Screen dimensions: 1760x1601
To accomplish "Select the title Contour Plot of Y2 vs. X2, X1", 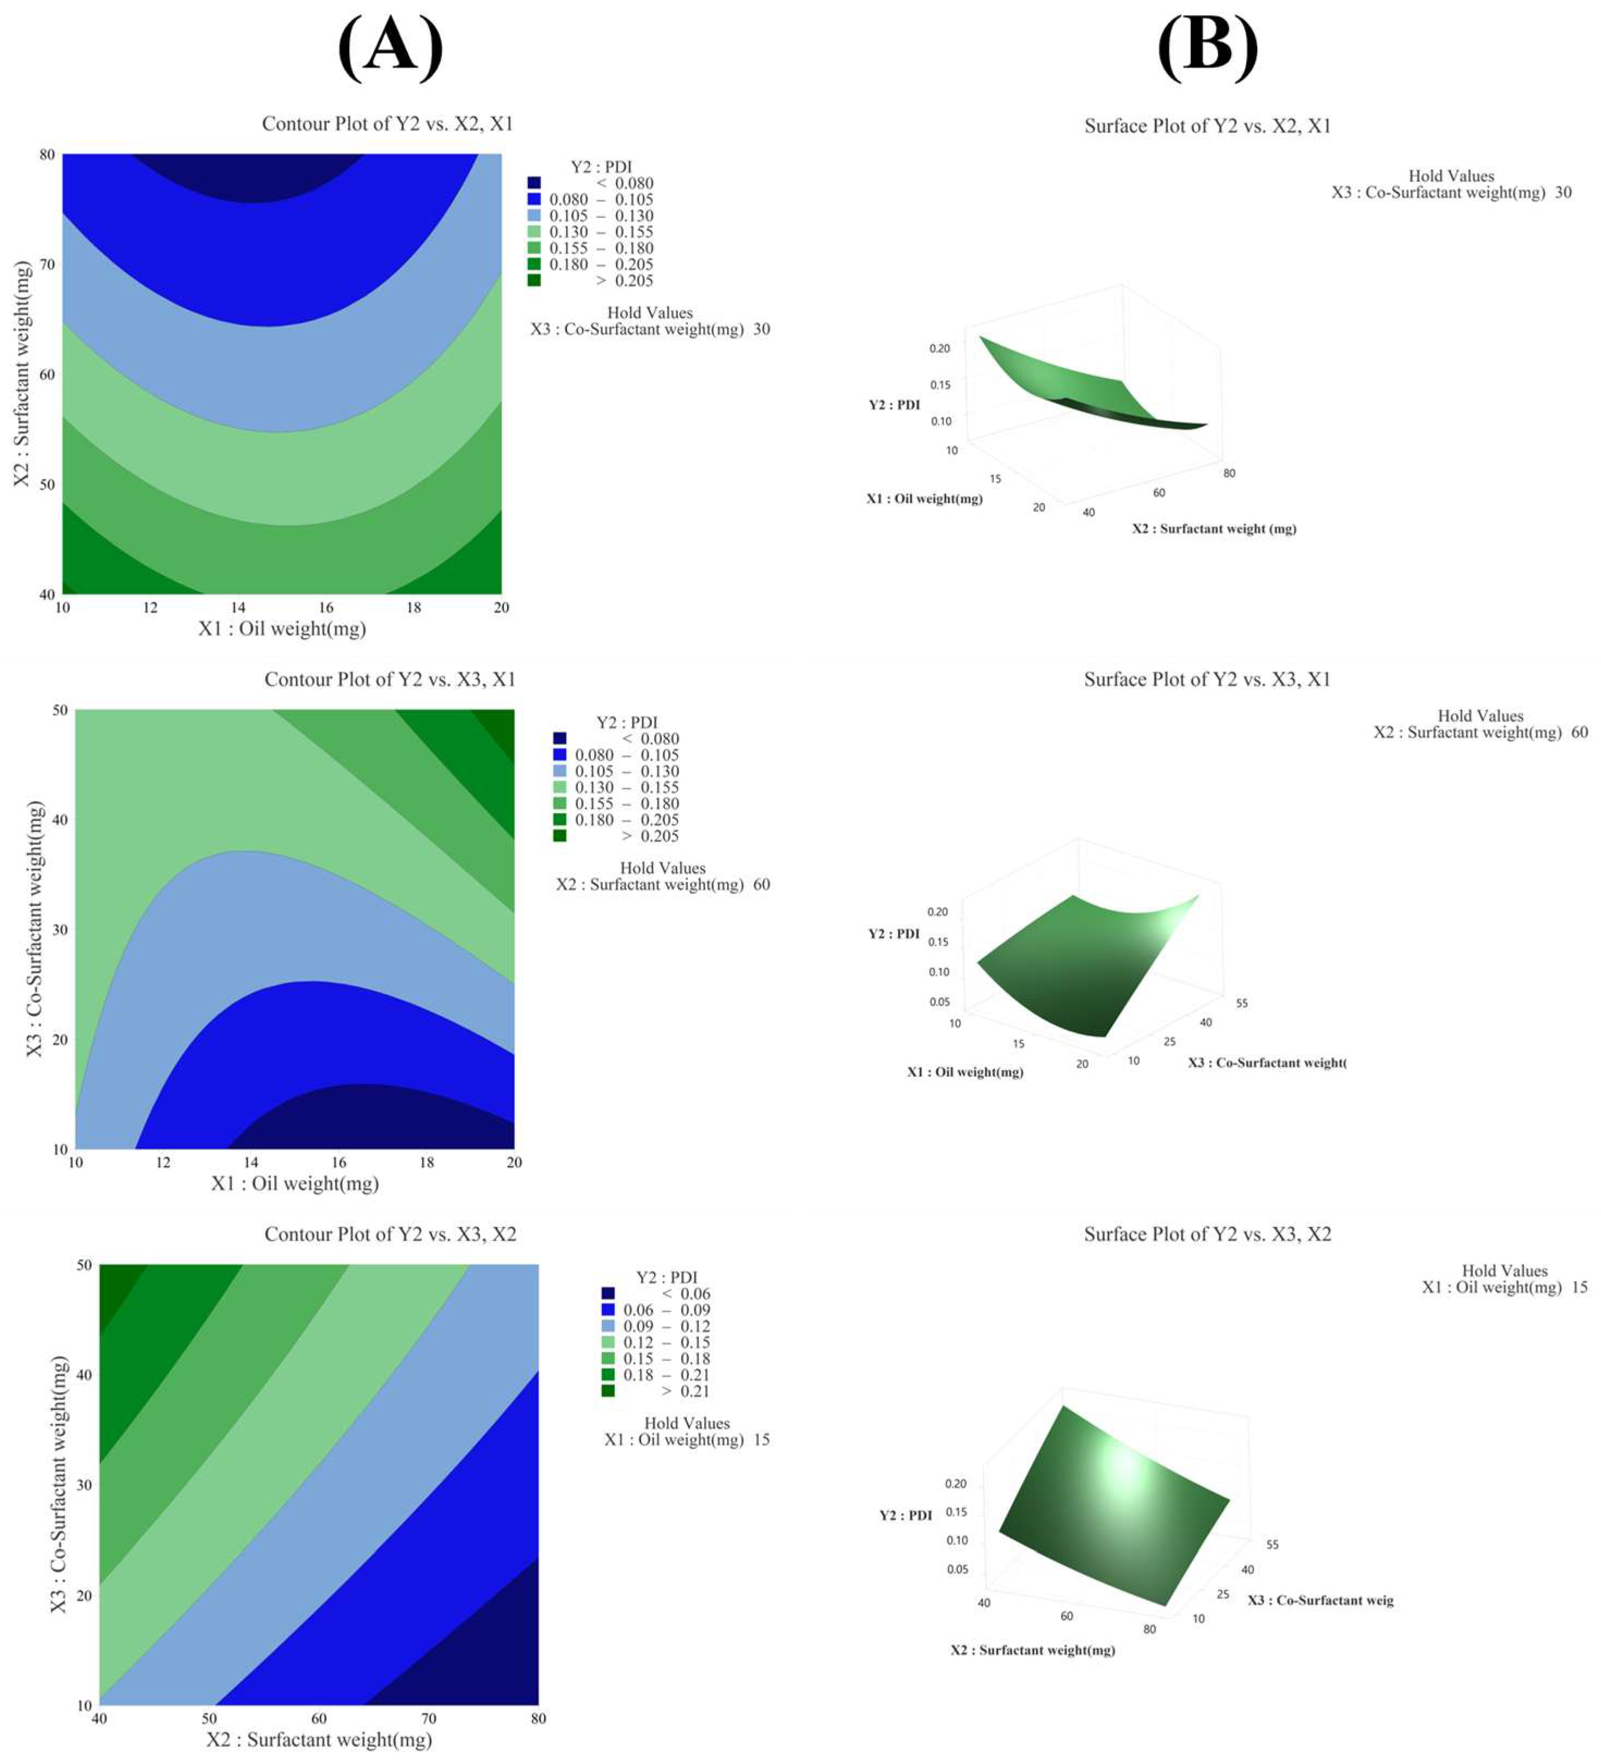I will [x=387, y=124].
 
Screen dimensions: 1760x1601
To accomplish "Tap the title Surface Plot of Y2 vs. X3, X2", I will [x=1208, y=1234].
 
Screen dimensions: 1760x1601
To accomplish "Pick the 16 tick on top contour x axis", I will [x=325, y=607].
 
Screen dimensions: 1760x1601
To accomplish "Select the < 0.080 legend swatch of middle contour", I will [x=559, y=739].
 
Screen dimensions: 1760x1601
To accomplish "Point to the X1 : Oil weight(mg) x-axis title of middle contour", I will [x=295, y=1183].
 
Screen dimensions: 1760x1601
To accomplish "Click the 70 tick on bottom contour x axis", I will [x=429, y=1718].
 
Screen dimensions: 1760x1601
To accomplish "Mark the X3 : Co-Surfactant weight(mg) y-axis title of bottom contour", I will [x=58, y=1484].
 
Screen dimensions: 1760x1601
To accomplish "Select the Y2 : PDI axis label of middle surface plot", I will [x=893, y=933].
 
